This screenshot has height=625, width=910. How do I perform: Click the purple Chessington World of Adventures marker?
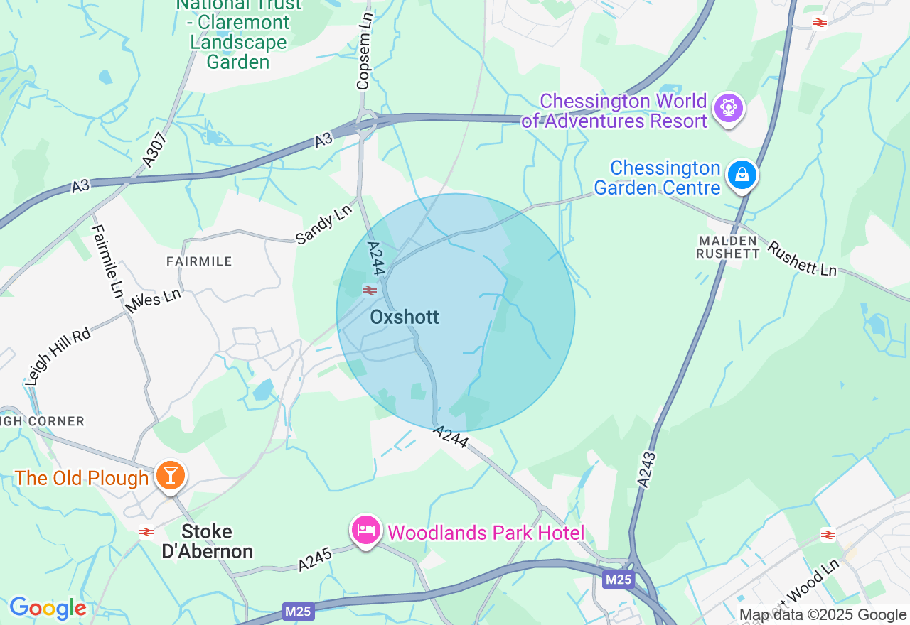pyautogui.click(x=728, y=108)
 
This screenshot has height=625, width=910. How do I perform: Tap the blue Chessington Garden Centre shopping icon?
pyautogui.click(x=742, y=174)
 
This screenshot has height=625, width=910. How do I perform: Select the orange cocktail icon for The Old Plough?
pyautogui.click(x=170, y=474)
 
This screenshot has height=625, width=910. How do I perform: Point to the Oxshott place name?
pyautogui.click(x=405, y=317)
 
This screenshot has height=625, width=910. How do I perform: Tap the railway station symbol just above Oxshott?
pyautogui.click(x=369, y=290)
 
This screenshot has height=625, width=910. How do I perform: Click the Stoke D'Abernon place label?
pyautogui.click(x=207, y=541)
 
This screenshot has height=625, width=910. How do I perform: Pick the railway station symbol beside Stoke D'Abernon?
pyautogui.click(x=146, y=531)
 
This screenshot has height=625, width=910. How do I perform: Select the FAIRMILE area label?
pyautogui.click(x=199, y=261)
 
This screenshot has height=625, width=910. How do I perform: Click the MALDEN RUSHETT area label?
pyautogui.click(x=727, y=246)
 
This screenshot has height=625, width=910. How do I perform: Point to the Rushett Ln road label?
pyautogui.click(x=801, y=259)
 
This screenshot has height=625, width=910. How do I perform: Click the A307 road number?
pyautogui.click(x=158, y=151)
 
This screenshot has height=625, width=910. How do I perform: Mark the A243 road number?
pyautogui.click(x=646, y=469)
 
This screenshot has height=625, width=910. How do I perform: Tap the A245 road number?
pyautogui.click(x=315, y=562)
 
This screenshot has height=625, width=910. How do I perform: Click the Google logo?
pyautogui.click(x=48, y=609)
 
